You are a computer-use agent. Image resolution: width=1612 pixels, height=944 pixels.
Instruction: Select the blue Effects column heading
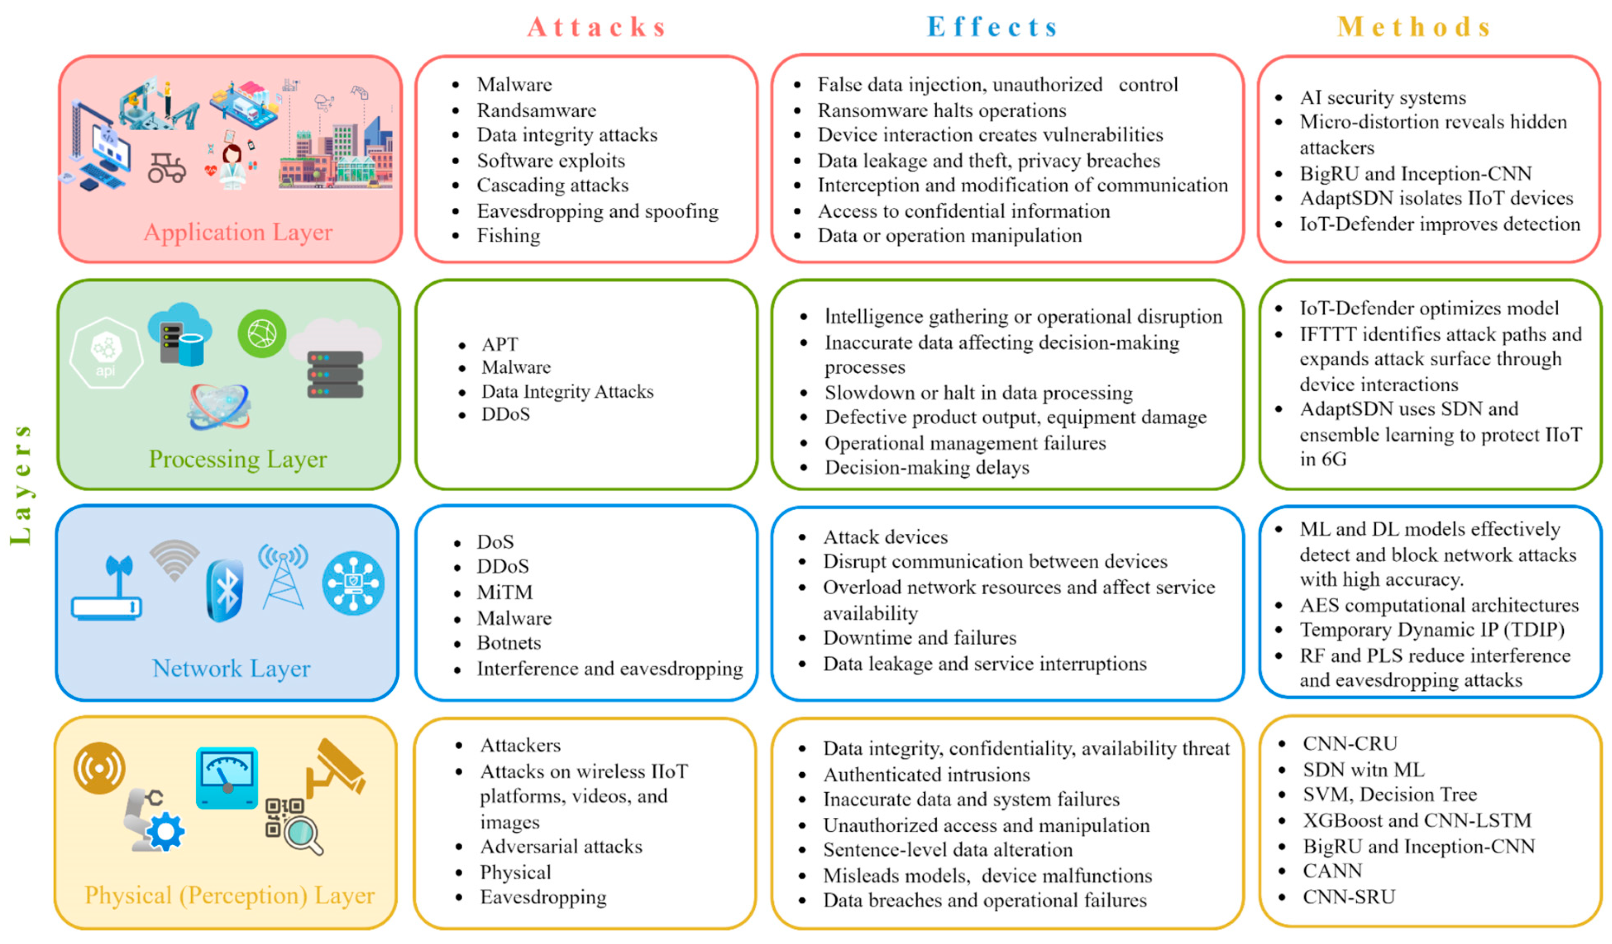[992, 27]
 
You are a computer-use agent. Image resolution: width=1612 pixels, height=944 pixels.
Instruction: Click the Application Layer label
[238, 232]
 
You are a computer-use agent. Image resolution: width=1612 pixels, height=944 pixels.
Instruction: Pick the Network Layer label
[231, 669]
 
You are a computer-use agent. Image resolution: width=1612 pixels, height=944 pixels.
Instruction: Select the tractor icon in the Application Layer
[166, 168]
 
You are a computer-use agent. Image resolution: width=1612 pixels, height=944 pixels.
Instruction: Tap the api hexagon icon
[106, 353]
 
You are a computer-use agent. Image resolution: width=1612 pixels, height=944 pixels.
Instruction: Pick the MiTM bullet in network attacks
[505, 593]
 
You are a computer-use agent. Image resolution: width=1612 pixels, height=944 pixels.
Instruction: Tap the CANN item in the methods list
[1332, 871]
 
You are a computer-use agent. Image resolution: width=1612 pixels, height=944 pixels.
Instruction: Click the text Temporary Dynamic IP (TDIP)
[1432, 630]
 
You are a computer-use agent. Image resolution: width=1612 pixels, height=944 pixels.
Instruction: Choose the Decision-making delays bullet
[927, 468]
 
